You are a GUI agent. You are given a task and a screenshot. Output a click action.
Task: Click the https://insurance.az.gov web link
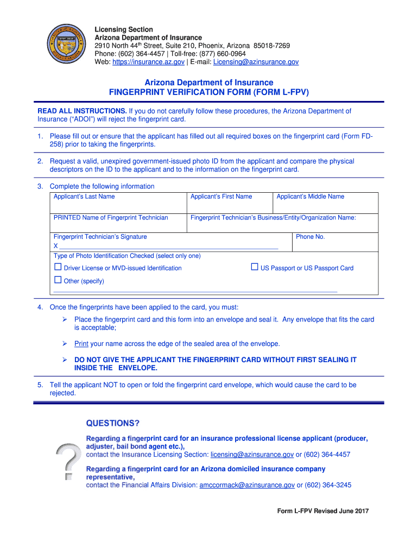coord(148,62)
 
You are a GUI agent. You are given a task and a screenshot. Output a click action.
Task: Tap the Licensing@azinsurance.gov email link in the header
coord(256,62)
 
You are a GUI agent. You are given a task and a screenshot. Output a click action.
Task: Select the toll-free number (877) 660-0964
coord(226,54)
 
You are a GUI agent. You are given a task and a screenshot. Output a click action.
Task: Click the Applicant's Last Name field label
coord(84,197)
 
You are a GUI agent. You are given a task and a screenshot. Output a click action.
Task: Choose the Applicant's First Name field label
coord(221,197)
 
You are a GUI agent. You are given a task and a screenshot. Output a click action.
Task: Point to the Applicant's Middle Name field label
coord(310,197)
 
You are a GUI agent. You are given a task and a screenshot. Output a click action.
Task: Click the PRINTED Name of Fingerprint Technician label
coord(111,218)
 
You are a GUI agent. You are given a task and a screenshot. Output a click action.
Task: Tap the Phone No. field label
coord(310,237)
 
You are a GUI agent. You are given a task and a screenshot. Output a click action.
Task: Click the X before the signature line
coord(56,246)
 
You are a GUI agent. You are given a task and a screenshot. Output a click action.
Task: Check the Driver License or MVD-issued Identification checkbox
coord(58,267)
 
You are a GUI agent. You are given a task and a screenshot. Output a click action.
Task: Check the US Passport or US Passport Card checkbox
coord(254,267)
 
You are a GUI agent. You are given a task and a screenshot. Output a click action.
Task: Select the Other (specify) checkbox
coord(58,280)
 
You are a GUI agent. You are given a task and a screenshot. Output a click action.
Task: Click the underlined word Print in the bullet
coord(81,344)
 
